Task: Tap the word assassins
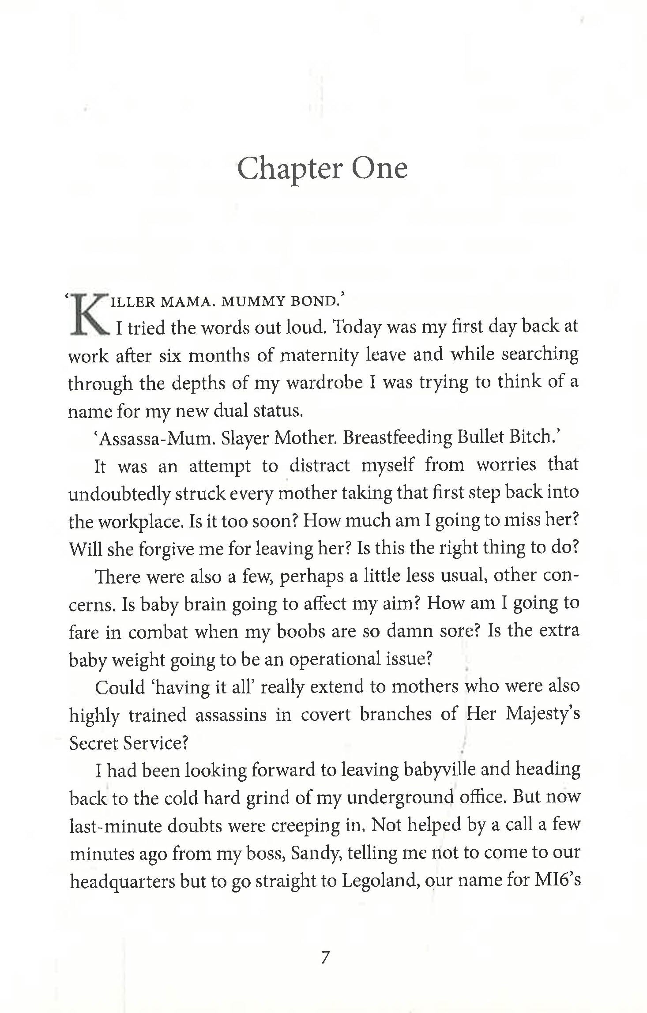[x=231, y=715]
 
